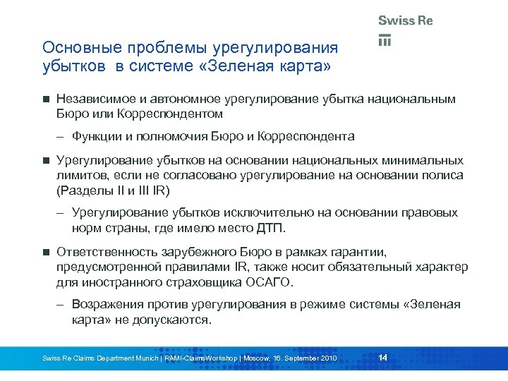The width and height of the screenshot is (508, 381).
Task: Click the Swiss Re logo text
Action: click(405, 20)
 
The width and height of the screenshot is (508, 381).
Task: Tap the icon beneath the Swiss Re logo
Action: click(385, 40)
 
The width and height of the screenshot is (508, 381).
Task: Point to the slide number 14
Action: click(382, 358)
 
